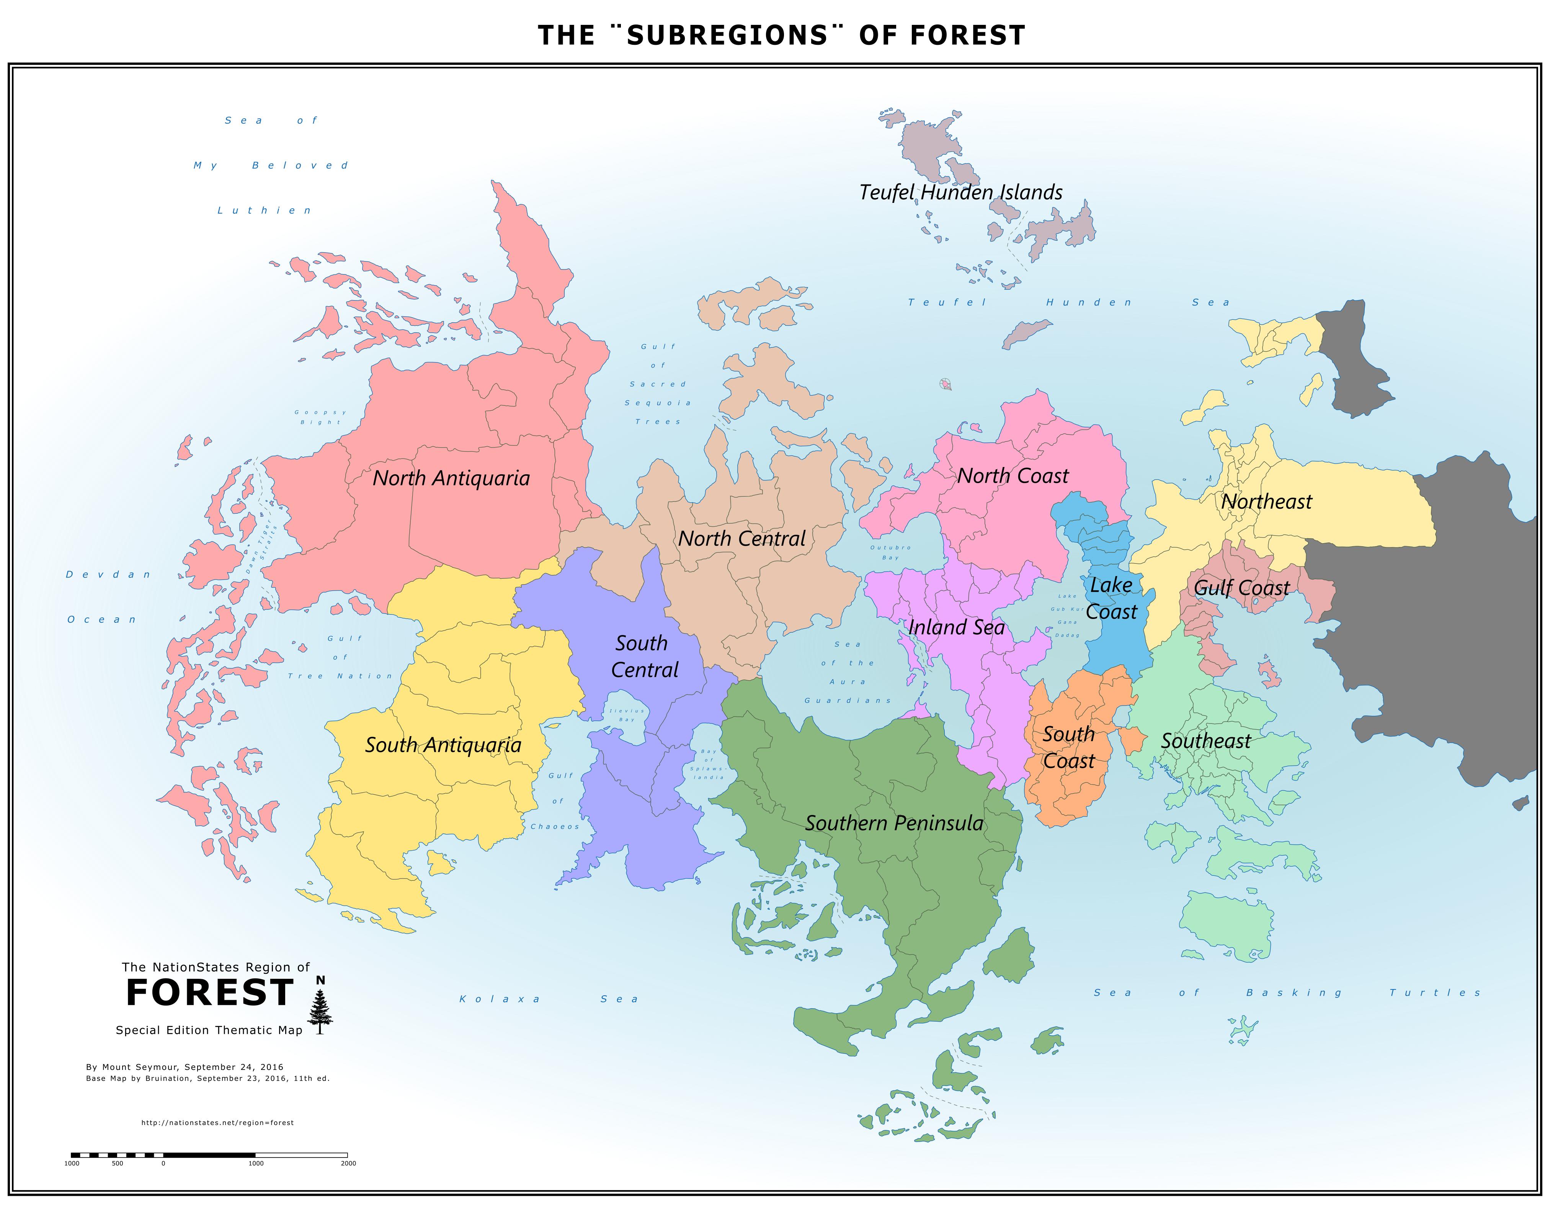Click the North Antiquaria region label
pos(451,478)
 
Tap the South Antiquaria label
pos(443,745)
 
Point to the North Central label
pos(742,539)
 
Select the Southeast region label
pos(1206,741)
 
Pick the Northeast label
pos(1267,502)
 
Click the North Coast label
pos(1013,476)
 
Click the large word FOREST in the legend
pos(209,993)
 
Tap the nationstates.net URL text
pos(217,1123)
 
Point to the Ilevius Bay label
pos(627,715)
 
